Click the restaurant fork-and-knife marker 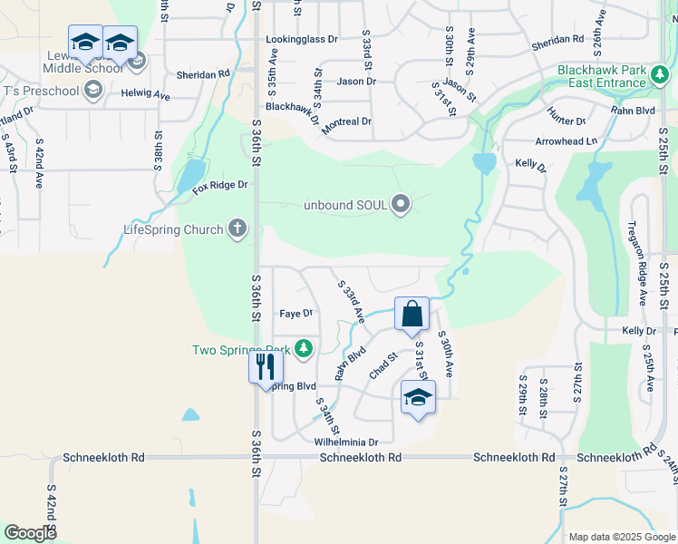pyautogui.click(x=266, y=367)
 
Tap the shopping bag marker pyautogui.click(x=412, y=315)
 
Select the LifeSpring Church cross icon pyautogui.click(x=237, y=228)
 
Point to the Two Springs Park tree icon pyautogui.click(x=304, y=349)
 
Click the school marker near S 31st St pyautogui.click(x=418, y=397)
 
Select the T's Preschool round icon pyautogui.click(x=92, y=90)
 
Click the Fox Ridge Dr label pyautogui.click(x=219, y=186)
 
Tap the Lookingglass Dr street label pyautogui.click(x=302, y=40)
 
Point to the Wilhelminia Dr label pyautogui.click(x=345, y=442)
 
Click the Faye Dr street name pyautogui.click(x=295, y=314)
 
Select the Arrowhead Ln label pyautogui.click(x=567, y=141)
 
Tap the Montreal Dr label pyautogui.click(x=346, y=121)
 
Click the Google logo pyautogui.click(x=31, y=533)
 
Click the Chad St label pyautogui.click(x=384, y=367)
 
